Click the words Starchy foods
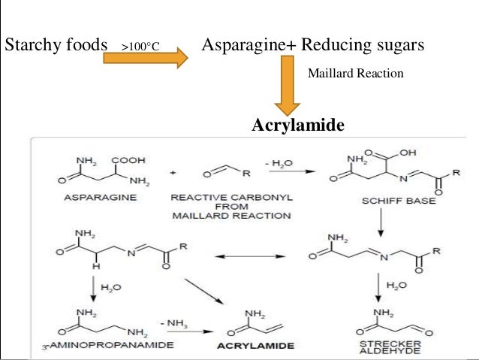tap(56, 45)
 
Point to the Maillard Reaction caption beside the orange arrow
tap(356, 74)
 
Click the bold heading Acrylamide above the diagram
tap(298, 124)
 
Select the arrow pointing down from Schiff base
tap(381, 221)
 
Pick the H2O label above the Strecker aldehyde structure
tap(398, 286)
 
